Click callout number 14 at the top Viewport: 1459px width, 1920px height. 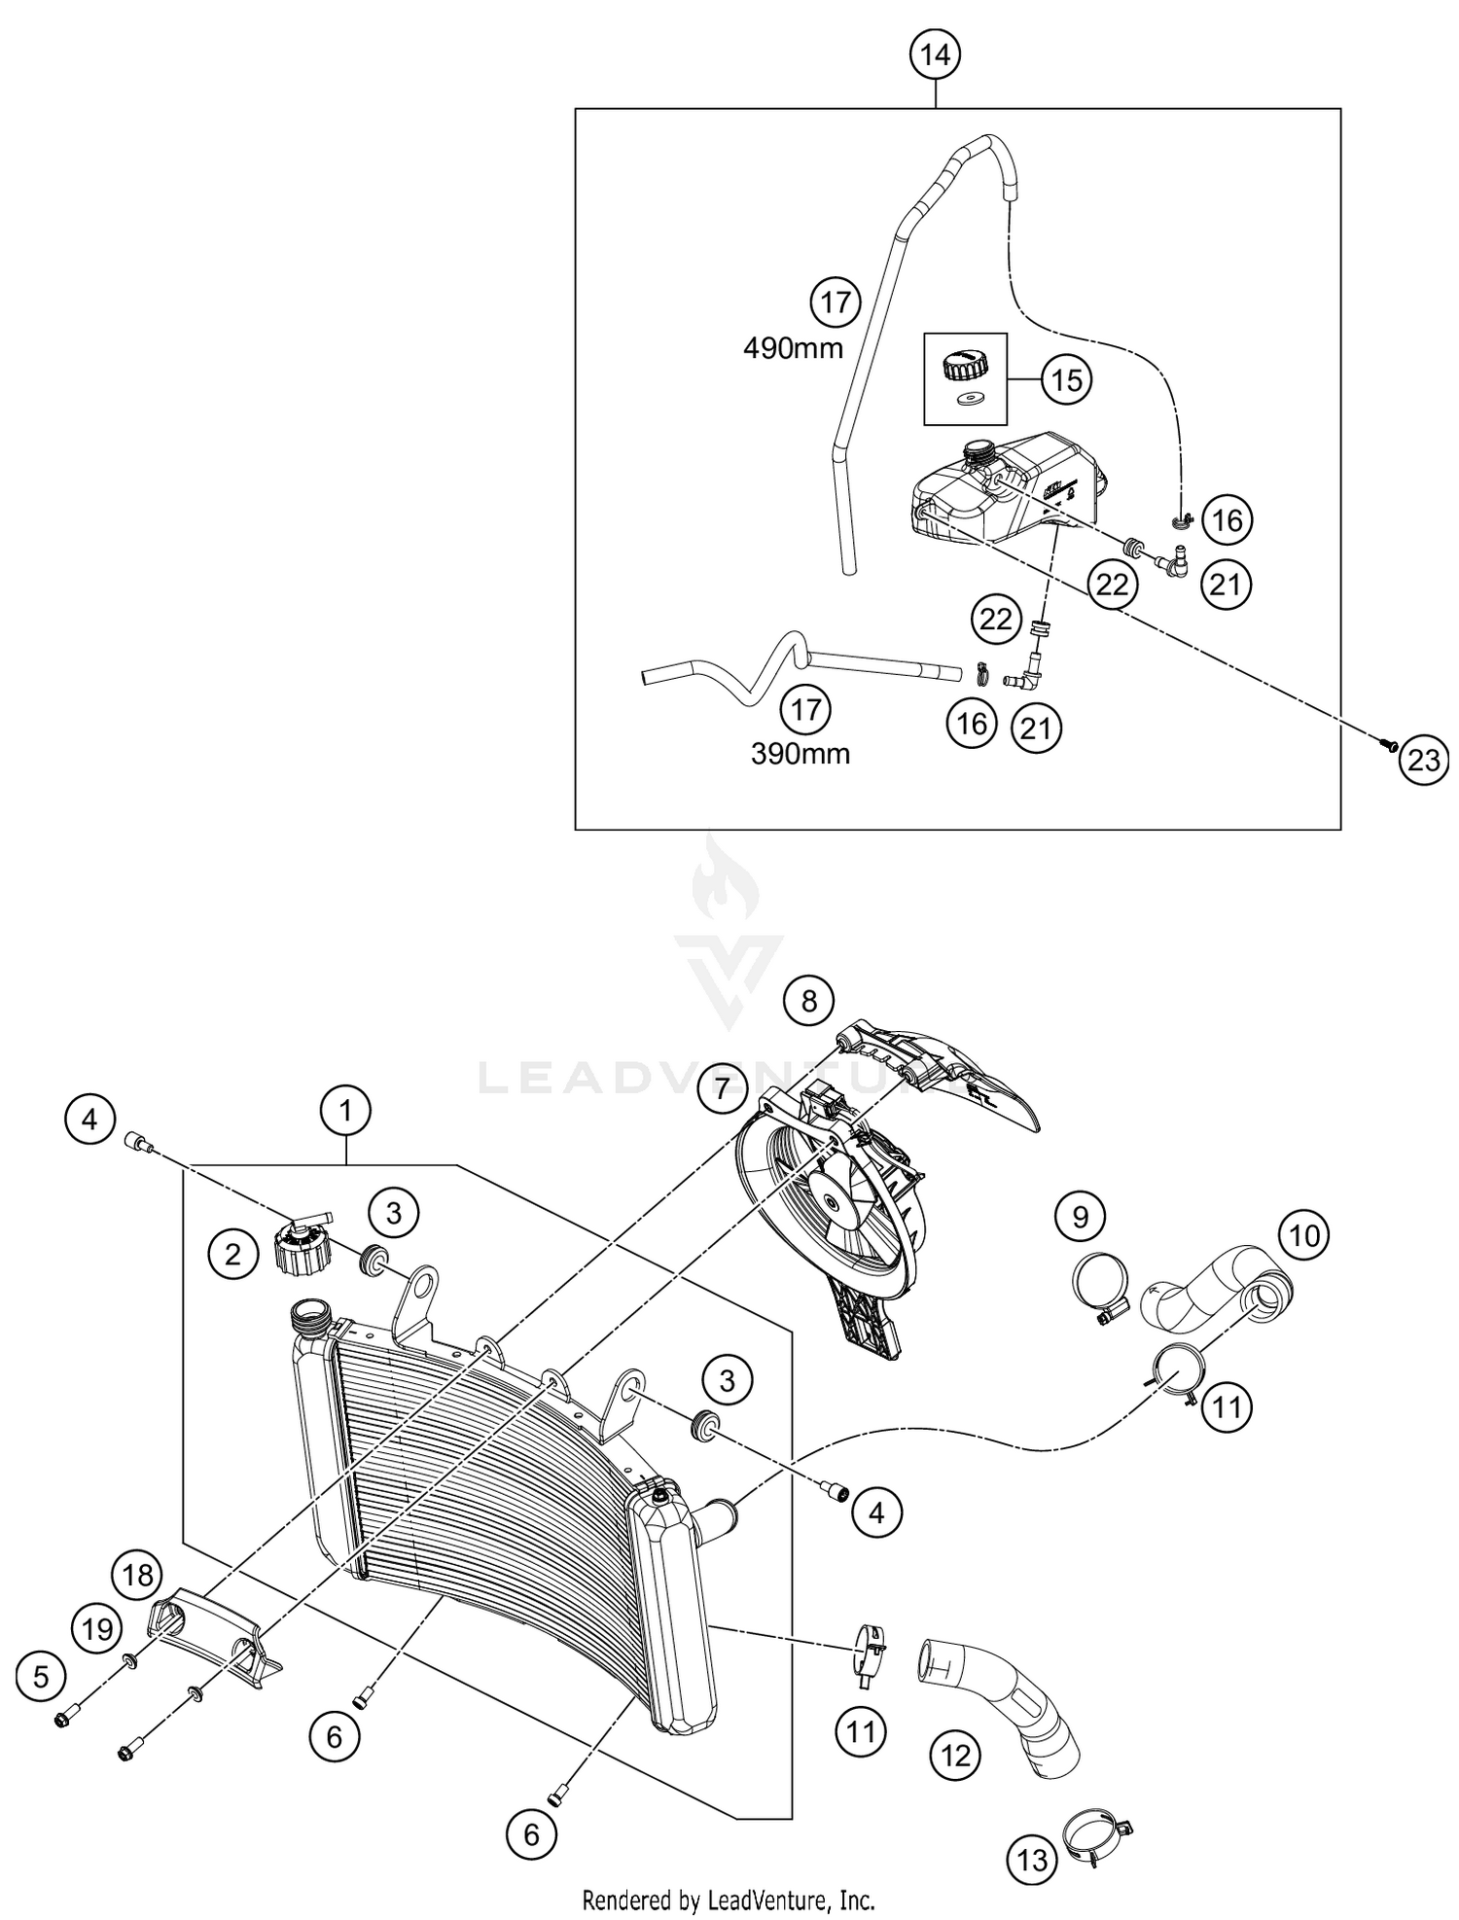coord(935,55)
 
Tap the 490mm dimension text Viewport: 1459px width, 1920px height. coord(793,347)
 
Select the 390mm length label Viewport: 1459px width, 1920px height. coord(800,754)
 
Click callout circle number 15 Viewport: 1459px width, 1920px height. coord(1066,379)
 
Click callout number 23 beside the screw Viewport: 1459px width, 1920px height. coord(1423,760)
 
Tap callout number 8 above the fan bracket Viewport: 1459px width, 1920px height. coord(809,1000)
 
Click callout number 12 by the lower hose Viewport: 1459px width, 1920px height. coord(956,1756)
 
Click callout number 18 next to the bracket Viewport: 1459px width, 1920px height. coord(138,1575)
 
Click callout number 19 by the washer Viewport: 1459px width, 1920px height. coord(98,1628)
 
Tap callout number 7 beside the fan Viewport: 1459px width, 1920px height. coord(721,1088)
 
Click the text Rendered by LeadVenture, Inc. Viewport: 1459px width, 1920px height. coord(729,1899)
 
